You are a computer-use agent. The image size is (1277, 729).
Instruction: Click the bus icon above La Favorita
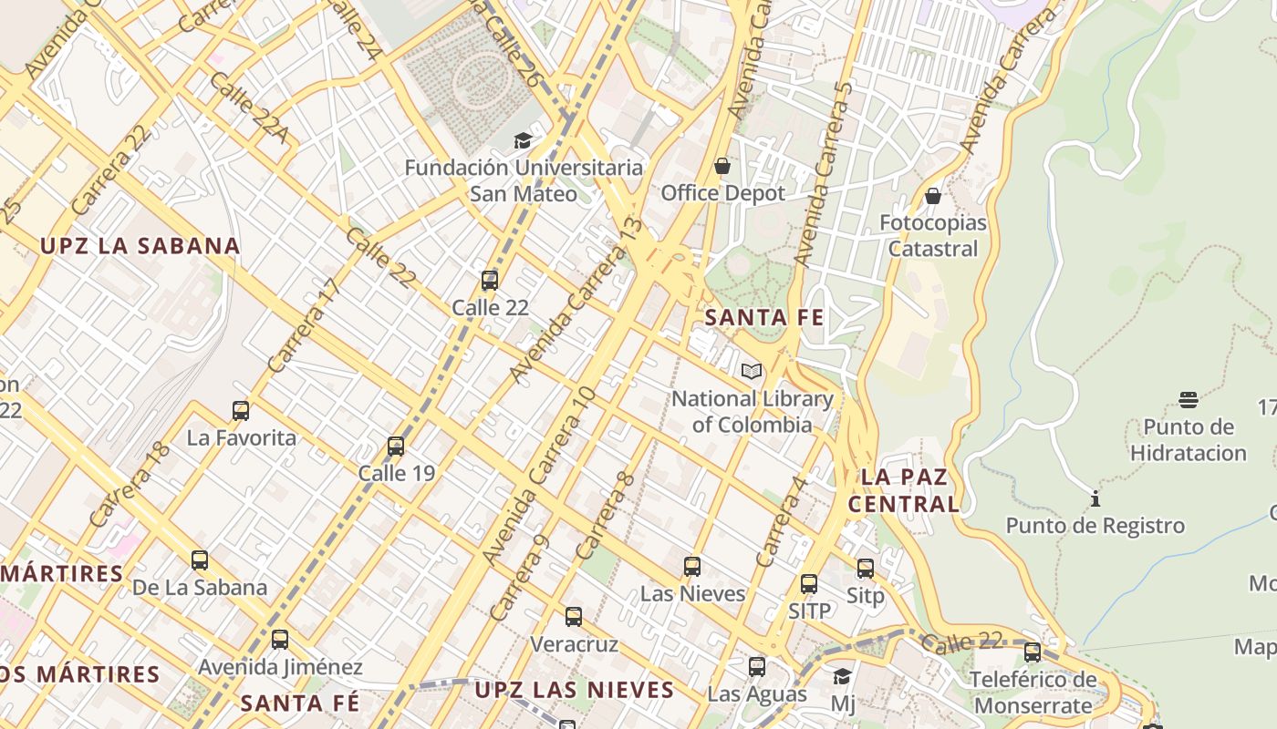click(241, 411)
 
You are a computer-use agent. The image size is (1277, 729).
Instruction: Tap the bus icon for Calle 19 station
click(396, 447)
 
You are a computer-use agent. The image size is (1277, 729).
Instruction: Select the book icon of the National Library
click(752, 372)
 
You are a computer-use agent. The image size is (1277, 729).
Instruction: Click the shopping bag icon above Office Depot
click(722, 166)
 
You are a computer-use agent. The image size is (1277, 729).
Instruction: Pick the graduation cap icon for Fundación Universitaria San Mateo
click(523, 140)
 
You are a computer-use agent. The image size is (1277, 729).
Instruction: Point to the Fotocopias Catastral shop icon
click(932, 196)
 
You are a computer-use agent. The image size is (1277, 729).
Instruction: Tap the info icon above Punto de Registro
click(1095, 498)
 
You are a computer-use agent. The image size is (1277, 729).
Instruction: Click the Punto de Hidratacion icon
click(1188, 399)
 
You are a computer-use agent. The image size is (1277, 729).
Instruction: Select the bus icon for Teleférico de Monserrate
click(1033, 652)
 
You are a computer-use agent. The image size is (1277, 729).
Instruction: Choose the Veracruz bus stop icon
click(574, 617)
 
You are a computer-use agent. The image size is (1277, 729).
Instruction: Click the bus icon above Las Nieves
click(692, 567)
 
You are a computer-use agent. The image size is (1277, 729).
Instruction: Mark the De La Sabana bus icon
click(200, 560)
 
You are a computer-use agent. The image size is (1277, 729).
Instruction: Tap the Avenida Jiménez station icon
click(280, 640)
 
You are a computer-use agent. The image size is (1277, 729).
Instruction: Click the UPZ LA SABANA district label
click(140, 246)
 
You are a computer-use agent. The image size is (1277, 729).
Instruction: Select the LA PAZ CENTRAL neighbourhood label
click(903, 490)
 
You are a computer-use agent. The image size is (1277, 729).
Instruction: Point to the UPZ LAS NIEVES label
click(574, 690)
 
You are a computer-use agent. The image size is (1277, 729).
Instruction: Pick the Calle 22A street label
click(248, 109)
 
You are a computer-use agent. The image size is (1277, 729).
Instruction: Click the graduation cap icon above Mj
click(843, 676)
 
